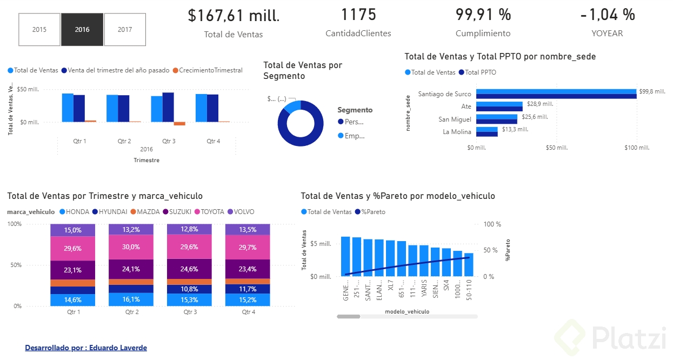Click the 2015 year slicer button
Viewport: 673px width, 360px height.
tap(39, 30)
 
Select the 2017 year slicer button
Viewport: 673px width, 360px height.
tap(125, 30)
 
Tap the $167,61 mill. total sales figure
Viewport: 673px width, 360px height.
tap(234, 16)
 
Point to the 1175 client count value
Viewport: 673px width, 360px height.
tap(358, 15)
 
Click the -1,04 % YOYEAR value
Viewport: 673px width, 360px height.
tap(607, 15)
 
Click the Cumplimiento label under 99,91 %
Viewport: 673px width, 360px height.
tap(483, 34)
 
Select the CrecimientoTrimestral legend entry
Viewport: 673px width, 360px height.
tap(210, 70)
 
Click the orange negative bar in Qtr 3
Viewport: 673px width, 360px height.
tap(179, 124)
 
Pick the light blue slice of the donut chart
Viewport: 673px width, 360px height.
tap(292, 106)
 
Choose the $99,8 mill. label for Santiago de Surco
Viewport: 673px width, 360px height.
tap(651, 92)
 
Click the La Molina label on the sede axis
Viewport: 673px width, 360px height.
tap(457, 132)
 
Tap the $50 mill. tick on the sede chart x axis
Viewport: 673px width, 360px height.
tap(556, 148)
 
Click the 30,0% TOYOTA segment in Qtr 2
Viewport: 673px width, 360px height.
tap(131, 247)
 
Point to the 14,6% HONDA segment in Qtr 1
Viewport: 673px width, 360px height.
tap(72, 299)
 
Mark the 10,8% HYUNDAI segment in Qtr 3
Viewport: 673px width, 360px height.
tap(189, 289)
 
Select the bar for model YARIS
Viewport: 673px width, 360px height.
tap(424, 261)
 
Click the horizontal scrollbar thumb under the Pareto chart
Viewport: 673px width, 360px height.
tap(348, 316)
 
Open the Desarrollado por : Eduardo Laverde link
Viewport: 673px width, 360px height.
tap(86, 348)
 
